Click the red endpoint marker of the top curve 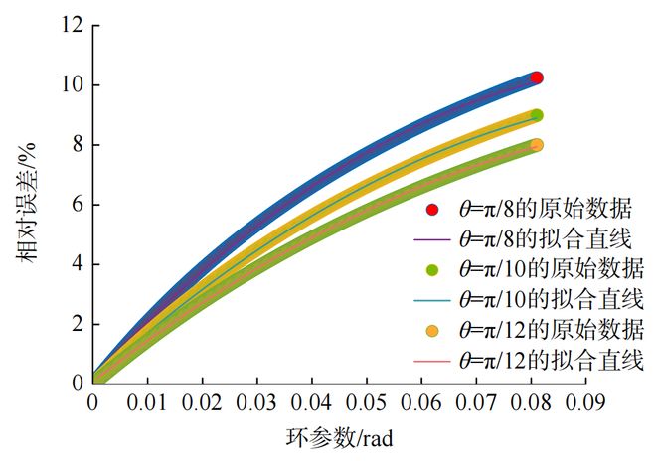537,77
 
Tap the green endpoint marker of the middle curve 537,115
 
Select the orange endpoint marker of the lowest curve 537,145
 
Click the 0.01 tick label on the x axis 147,402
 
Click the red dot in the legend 430,210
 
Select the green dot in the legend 430,268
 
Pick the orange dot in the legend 430,329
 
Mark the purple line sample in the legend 430,238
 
